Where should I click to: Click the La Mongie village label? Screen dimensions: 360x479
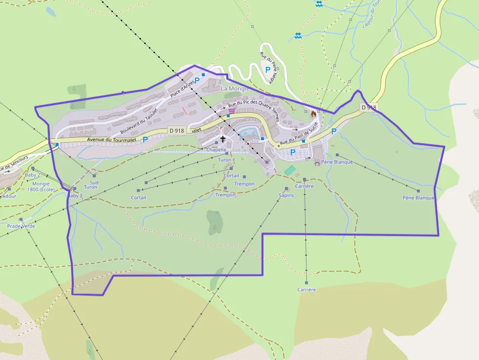(235, 89)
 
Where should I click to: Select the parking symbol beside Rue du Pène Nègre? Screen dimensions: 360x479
(268, 70)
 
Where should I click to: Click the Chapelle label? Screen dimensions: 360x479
(216, 150)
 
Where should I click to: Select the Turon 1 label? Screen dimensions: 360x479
(226, 160)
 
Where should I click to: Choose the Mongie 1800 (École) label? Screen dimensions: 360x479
(41, 187)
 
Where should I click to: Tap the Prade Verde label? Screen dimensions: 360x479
(21, 226)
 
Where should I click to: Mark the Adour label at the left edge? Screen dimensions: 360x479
(9, 196)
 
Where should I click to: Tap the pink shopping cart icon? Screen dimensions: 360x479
(231, 111)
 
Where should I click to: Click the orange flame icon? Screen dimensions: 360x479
(313, 113)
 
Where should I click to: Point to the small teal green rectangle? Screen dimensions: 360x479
(290, 170)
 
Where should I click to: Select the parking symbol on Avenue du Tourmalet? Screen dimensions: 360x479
(145, 139)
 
